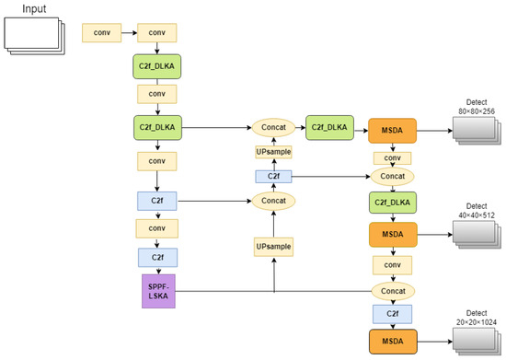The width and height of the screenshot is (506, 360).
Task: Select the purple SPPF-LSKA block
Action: pyautogui.click(x=157, y=291)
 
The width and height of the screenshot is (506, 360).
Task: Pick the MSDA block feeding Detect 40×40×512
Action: pyautogui.click(x=392, y=234)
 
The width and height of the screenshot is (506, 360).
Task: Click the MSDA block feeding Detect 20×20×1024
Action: pyautogui.click(x=392, y=342)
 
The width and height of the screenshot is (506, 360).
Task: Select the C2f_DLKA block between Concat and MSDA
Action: pyautogui.click(x=330, y=127)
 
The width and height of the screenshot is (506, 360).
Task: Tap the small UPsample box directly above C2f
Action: pyautogui.click(x=273, y=151)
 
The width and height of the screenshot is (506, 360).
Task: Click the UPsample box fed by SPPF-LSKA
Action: pyautogui.click(x=273, y=246)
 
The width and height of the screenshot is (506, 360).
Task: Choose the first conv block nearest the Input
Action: pyautogui.click(x=100, y=33)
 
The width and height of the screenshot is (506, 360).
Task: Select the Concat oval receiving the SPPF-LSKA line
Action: pyautogui.click(x=392, y=291)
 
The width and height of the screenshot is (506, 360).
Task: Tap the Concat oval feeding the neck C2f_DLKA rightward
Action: pyautogui.click(x=273, y=127)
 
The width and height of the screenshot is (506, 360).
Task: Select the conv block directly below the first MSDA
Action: pyautogui.click(x=392, y=157)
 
